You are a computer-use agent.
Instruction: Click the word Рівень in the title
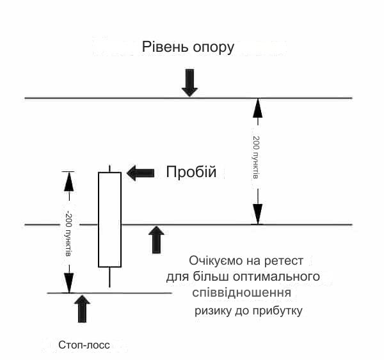click(165, 47)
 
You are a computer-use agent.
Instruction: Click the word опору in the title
click(213, 48)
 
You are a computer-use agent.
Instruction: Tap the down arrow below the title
click(189, 82)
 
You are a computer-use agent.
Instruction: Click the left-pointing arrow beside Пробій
click(140, 173)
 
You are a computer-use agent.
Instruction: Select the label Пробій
click(191, 172)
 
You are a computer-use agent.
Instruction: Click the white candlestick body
click(109, 219)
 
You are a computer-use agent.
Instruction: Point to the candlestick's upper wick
click(109, 169)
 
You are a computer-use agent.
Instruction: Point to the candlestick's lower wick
click(109, 277)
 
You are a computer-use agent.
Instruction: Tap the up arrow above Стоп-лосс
click(82, 309)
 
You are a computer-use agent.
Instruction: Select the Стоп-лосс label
click(84, 345)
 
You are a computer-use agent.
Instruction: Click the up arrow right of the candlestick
click(156, 240)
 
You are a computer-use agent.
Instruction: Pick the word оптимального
click(276, 276)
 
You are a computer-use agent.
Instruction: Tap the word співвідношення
click(242, 293)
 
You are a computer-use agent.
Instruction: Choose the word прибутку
click(278, 311)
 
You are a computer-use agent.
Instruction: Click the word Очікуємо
click(215, 261)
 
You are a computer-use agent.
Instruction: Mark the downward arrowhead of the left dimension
click(69, 283)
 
